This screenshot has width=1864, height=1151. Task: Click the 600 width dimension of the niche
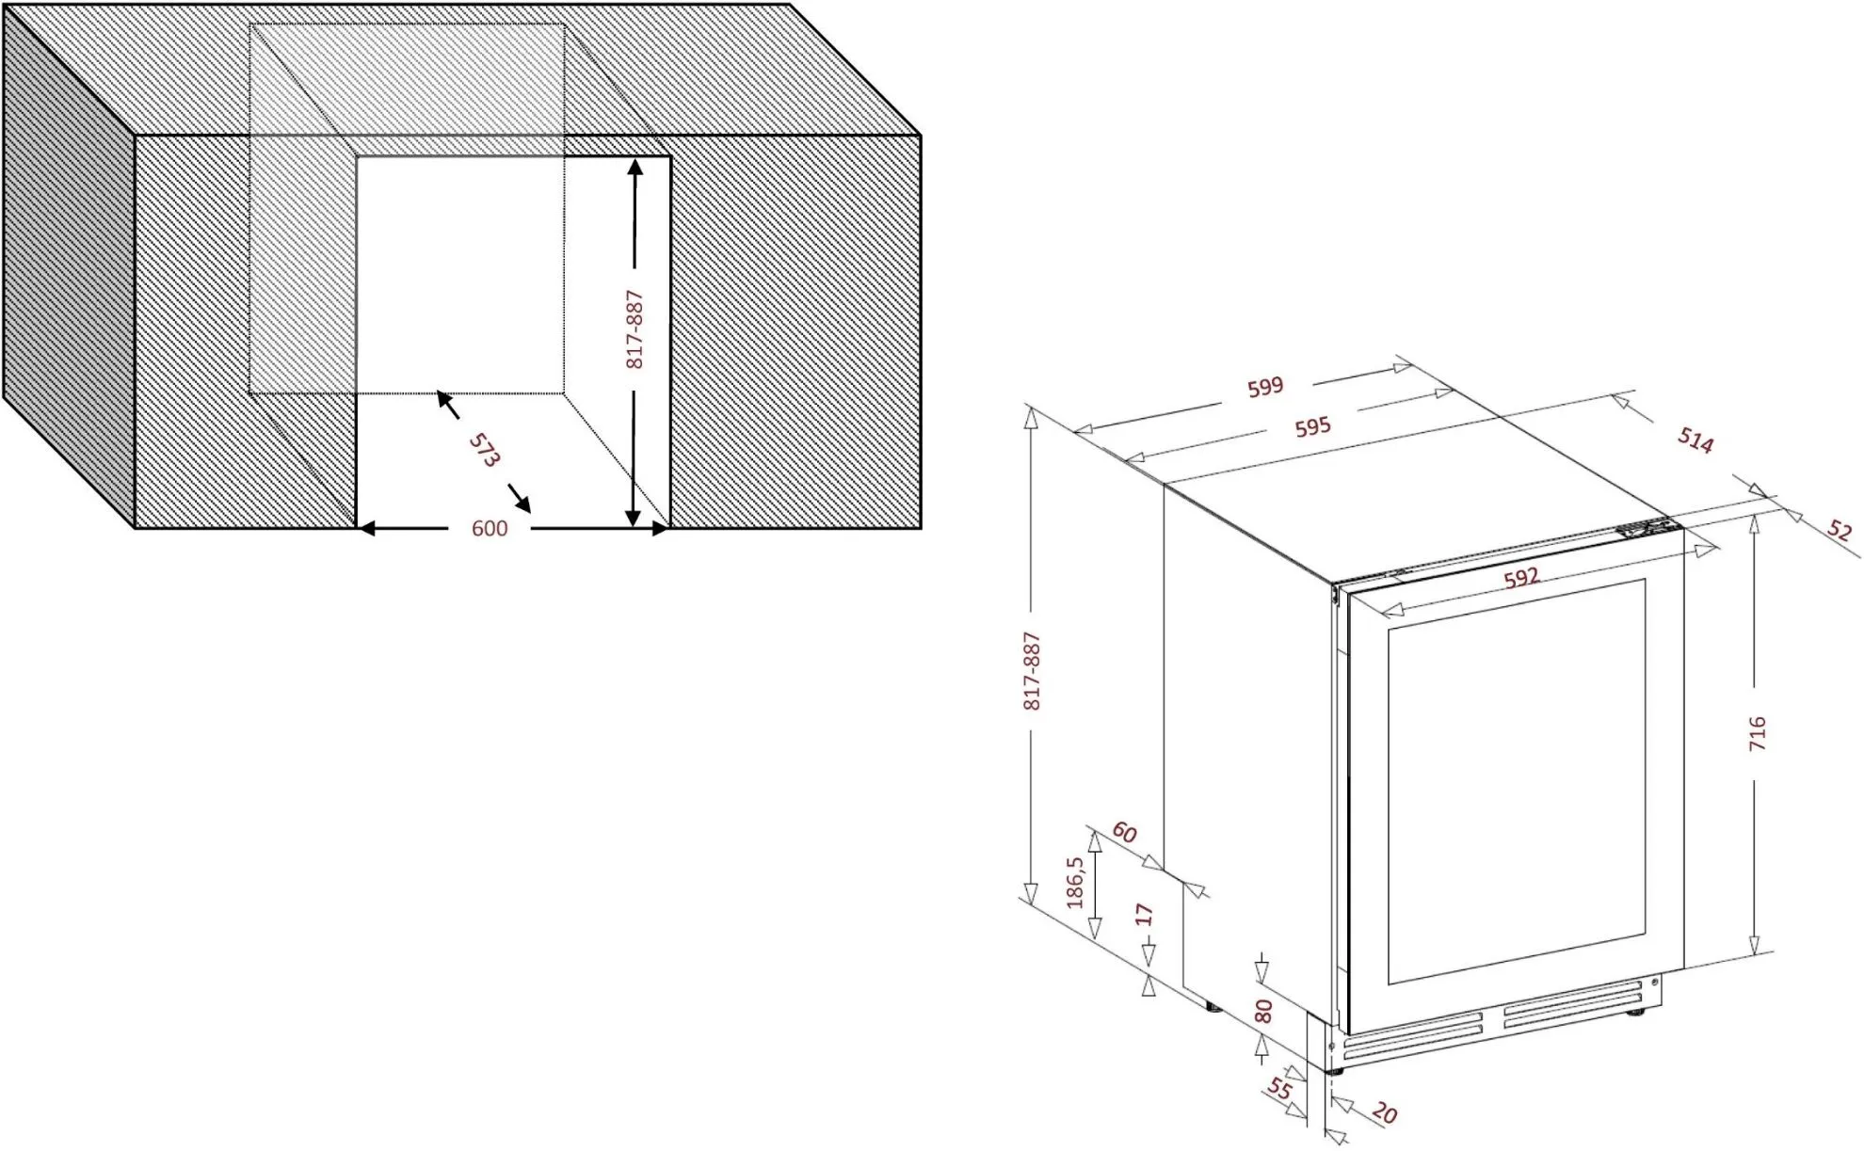(x=490, y=529)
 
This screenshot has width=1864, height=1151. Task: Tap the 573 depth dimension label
(x=484, y=451)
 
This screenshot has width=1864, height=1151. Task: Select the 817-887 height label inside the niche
(x=635, y=329)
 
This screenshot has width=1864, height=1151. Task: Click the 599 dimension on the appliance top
(x=1265, y=387)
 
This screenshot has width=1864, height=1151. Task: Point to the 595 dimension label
(x=1312, y=427)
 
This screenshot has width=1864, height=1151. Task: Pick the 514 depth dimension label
(x=1695, y=440)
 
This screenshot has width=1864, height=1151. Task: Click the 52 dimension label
(x=1839, y=531)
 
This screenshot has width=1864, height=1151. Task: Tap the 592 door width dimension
(x=1521, y=578)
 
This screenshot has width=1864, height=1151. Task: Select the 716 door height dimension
(x=1757, y=733)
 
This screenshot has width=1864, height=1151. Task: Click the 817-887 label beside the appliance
(x=1032, y=671)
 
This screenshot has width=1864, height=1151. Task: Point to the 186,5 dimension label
(x=1075, y=882)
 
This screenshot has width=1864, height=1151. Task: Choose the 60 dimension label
(x=1124, y=833)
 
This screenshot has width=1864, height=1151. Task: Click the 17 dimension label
(x=1145, y=914)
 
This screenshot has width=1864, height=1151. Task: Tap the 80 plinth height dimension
(x=1263, y=1012)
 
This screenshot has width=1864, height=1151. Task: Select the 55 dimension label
(x=1278, y=1089)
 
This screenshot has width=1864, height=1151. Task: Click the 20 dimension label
(x=1384, y=1113)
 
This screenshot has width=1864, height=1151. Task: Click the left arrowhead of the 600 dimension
(x=366, y=529)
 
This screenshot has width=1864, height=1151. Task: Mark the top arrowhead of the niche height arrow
(x=635, y=168)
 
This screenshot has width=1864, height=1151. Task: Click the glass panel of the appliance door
(x=1516, y=781)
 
